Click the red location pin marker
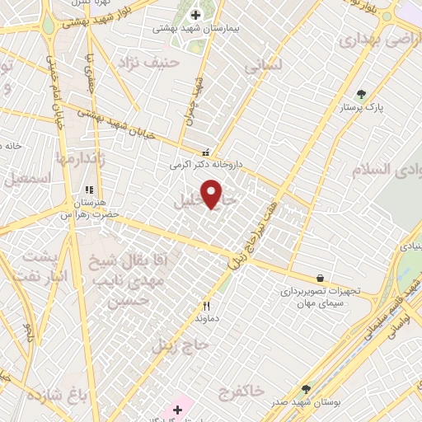212,194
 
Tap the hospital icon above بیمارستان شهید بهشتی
195,14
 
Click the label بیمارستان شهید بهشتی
195,28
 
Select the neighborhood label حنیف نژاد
148,62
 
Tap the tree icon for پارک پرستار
359,94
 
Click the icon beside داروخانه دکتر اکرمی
205,152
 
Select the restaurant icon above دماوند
206,306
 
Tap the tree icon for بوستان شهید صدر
307,389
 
